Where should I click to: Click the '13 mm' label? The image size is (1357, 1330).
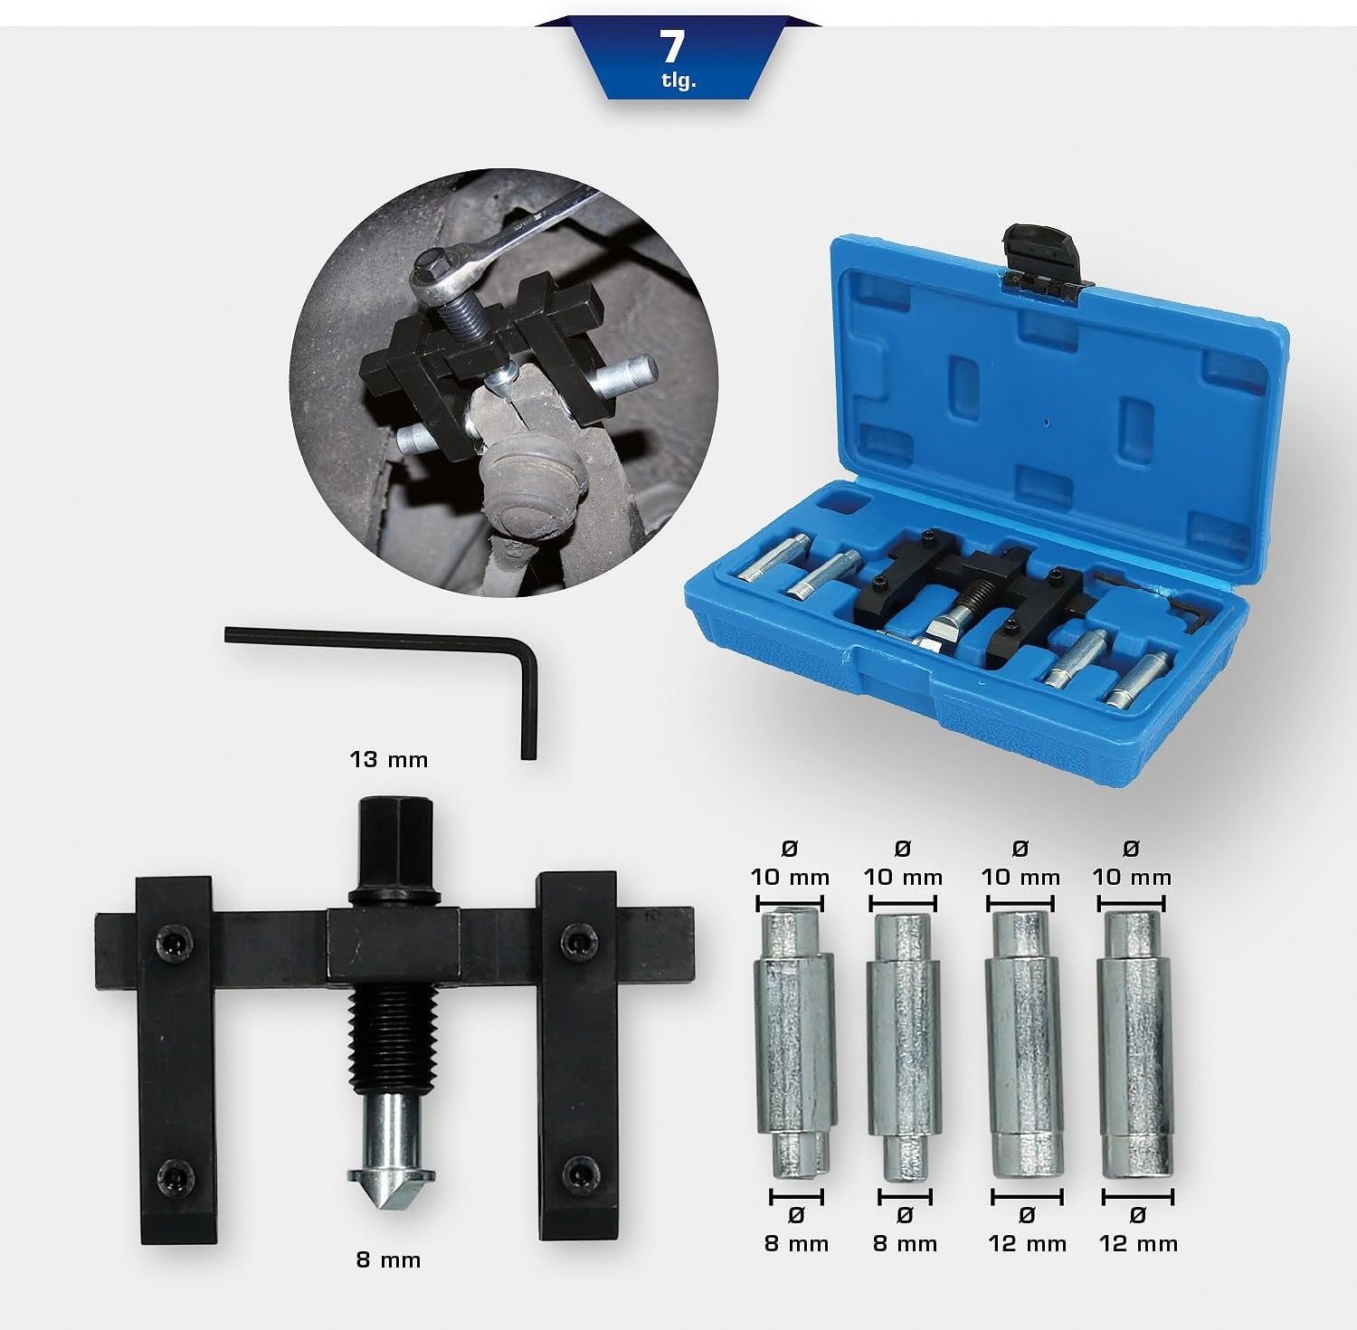point(389,759)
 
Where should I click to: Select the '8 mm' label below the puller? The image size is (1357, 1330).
point(388,1259)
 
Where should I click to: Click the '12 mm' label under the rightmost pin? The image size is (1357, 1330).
point(1138,1243)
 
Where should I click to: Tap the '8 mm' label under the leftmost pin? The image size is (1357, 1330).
point(796,1243)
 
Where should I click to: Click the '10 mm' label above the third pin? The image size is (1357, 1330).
point(1020,877)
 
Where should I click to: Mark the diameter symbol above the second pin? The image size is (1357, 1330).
point(902,848)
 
